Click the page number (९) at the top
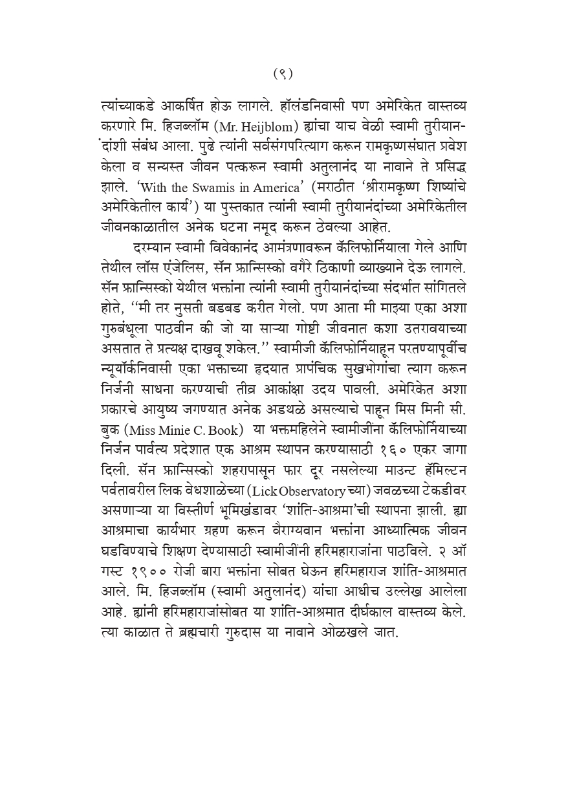283,74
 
